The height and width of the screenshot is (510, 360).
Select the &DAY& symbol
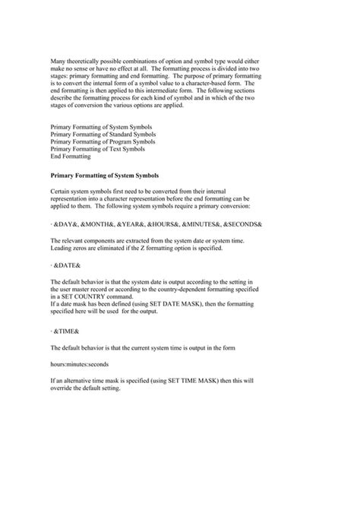pos(66,226)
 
